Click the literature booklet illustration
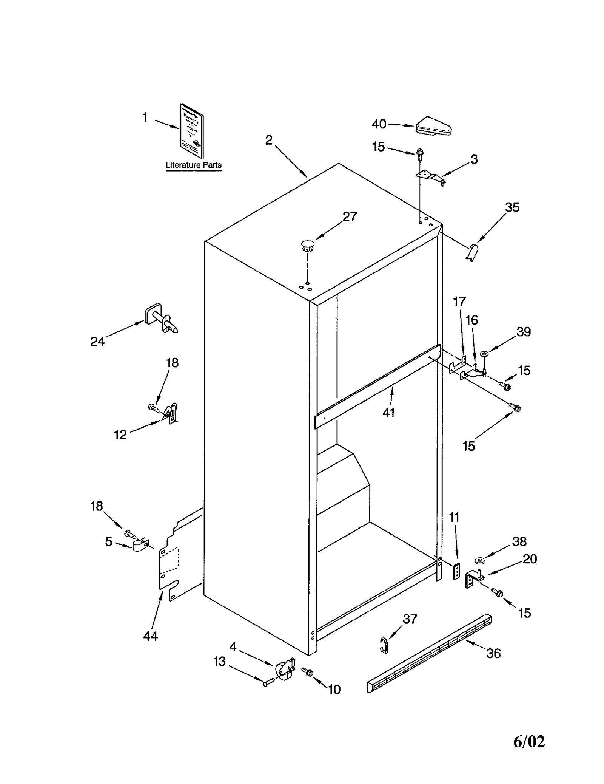(x=192, y=130)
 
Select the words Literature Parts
(x=194, y=165)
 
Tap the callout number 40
(x=379, y=124)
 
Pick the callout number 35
(x=512, y=207)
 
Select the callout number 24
(x=97, y=342)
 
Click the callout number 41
(x=389, y=413)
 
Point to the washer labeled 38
(x=480, y=560)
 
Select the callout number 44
(x=150, y=636)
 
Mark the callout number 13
(x=219, y=661)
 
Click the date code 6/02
(x=529, y=742)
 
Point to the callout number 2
(x=268, y=140)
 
